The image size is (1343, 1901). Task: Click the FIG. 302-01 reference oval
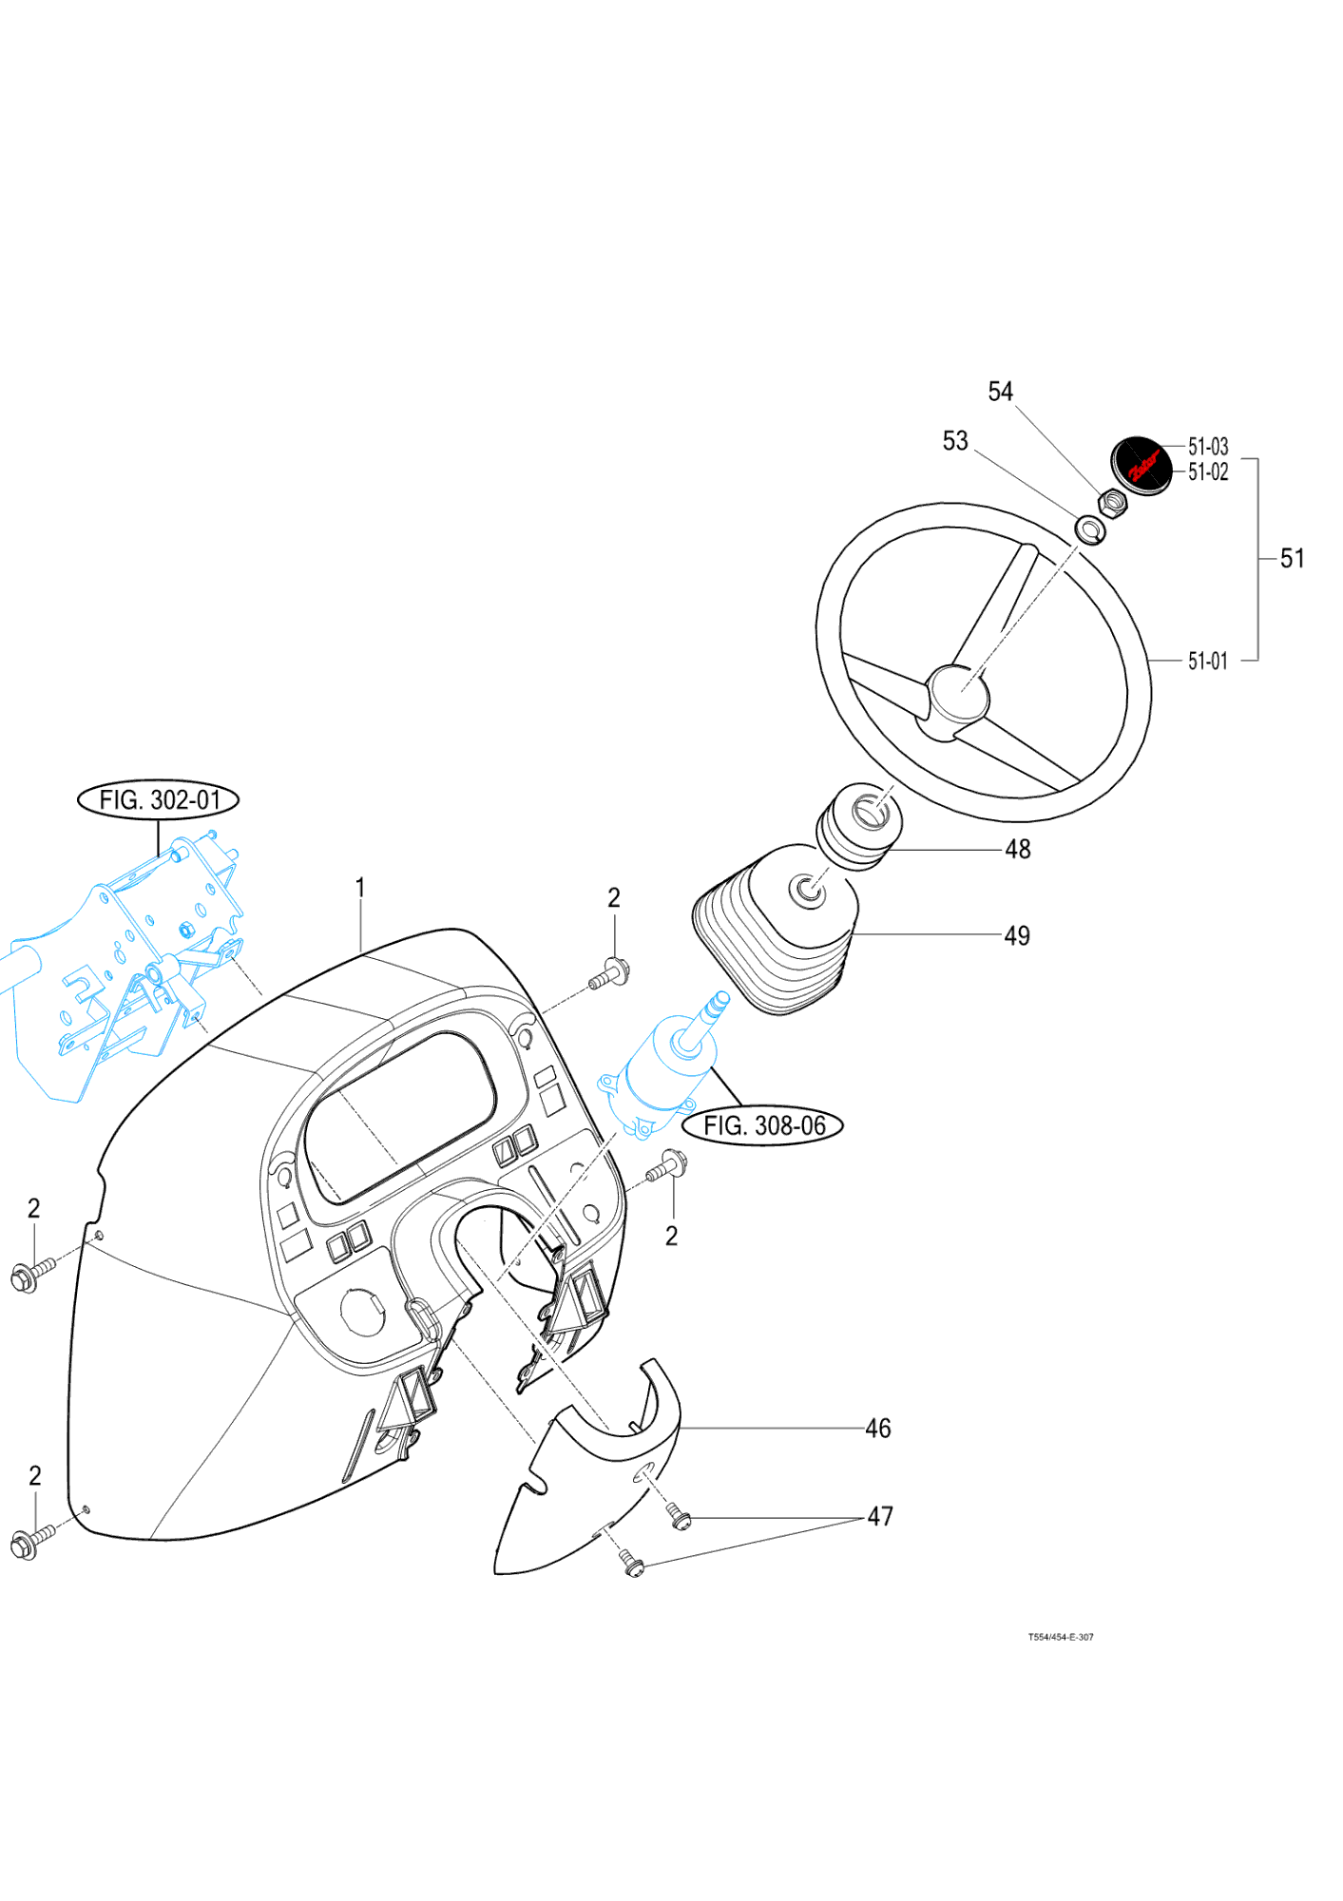[x=158, y=799]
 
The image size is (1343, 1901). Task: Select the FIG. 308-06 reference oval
[x=763, y=1125]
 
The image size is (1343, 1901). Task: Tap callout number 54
[x=1000, y=392]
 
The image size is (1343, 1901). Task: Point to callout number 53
[x=954, y=441]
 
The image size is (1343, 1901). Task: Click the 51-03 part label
[x=1207, y=447]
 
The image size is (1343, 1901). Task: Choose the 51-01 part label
[x=1207, y=661]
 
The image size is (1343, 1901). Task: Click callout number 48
[x=1017, y=849]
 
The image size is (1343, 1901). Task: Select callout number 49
[x=1017, y=936]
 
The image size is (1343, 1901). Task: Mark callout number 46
[x=877, y=1429]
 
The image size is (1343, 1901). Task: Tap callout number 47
[x=880, y=1517]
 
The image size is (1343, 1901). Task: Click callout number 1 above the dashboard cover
[x=360, y=888]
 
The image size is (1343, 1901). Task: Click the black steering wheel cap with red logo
[x=1142, y=466]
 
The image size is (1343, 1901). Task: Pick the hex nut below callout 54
[x=1112, y=503]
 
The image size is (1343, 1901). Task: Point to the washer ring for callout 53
[x=1090, y=529]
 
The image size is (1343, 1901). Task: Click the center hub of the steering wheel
[x=958, y=694]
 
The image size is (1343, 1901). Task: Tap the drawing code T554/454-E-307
[x=1061, y=1637]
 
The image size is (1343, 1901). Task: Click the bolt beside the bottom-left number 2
[x=29, y=1542]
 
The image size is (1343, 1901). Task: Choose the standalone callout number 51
[x=1292, y=559]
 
